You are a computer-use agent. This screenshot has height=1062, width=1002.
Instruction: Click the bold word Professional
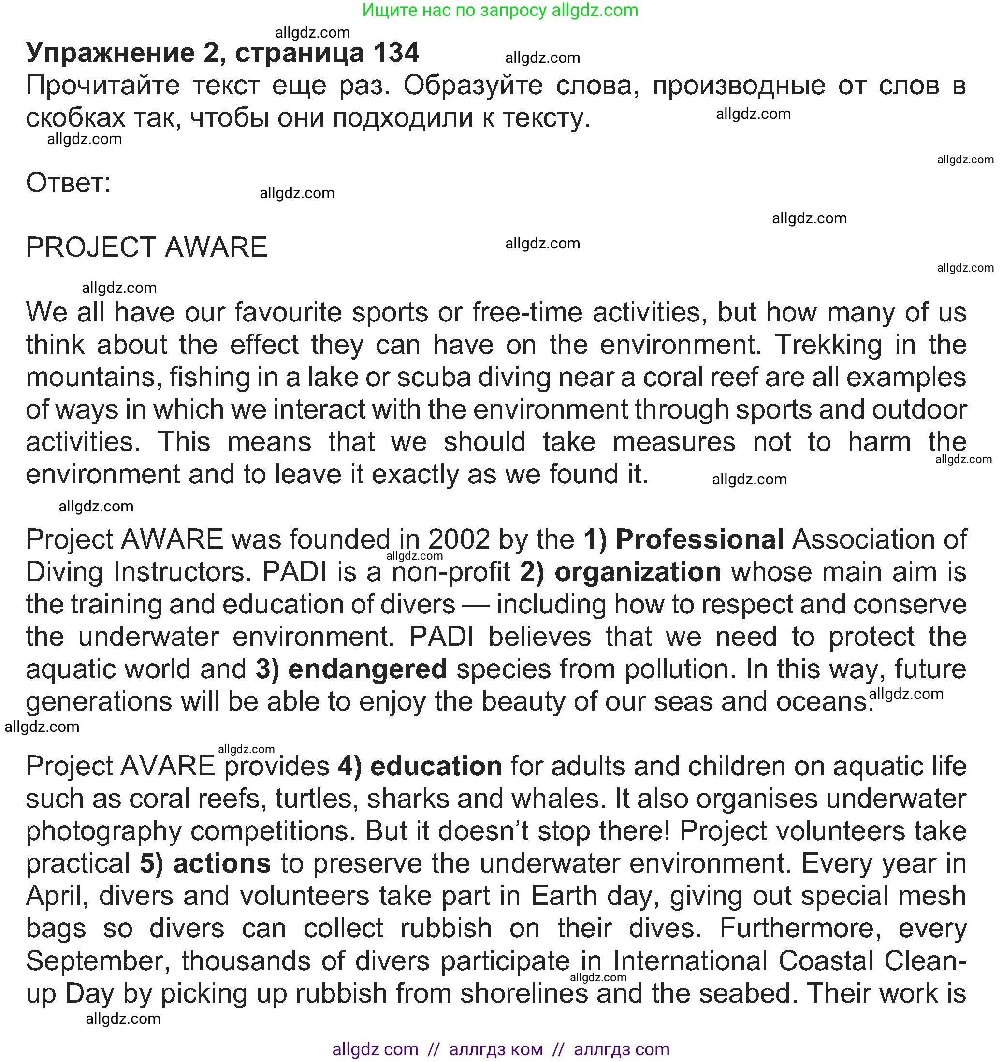click(700, 539)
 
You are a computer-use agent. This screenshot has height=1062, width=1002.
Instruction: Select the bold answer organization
click(638, 572)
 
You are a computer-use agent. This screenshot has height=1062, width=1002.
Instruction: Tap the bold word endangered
click(367, 669)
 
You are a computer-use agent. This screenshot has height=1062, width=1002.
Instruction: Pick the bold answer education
click(436, 767)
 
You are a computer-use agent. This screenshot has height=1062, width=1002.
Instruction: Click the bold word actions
click(222, 864)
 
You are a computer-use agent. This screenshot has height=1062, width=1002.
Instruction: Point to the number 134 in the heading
click(396, 53)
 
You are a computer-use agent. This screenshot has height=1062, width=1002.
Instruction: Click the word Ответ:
click(68, 183)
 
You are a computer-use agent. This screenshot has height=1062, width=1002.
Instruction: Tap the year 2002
click(459, 539)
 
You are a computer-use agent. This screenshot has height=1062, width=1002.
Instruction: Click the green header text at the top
click(500, 10)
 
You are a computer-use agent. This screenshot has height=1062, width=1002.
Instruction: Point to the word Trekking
click(828, 345)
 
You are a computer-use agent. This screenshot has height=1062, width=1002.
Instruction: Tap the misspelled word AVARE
click(168, 767)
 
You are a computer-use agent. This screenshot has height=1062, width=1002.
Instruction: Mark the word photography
click(103, 832)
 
